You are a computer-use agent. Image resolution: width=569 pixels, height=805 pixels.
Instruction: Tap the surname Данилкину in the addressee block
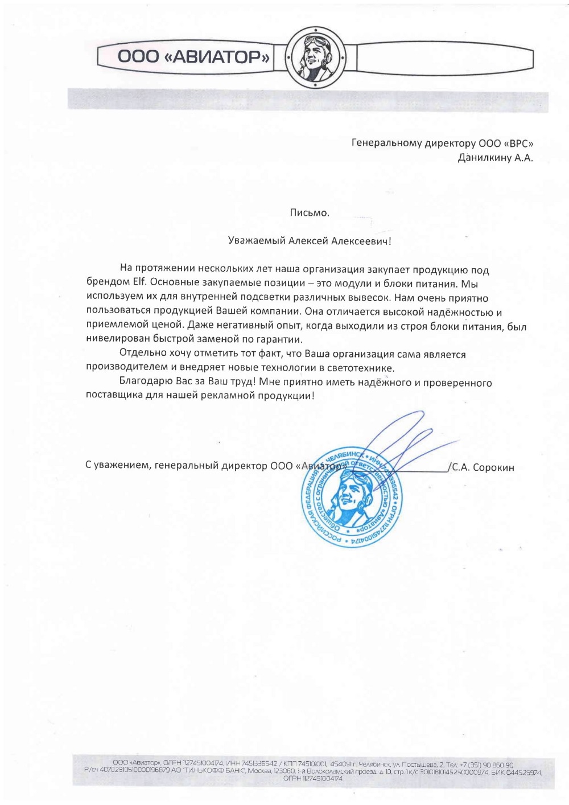click(x=485, y=158)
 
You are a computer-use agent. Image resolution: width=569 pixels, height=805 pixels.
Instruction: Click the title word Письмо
click(x=310, y=213)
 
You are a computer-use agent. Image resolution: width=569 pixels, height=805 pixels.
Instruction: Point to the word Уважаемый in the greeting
click(x=256, y=241)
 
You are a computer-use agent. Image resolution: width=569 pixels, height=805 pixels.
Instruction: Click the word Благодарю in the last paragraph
click(x=142, y=383)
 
